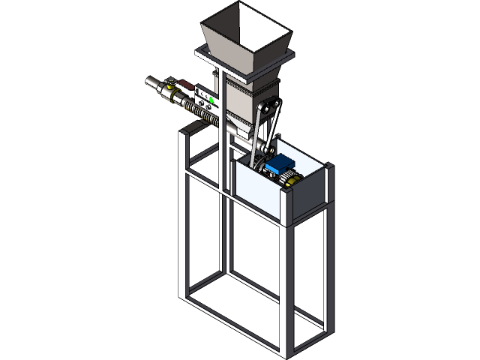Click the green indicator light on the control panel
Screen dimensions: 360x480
point(211,99)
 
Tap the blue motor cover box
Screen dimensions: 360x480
point(282,163)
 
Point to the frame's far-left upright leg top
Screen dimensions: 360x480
point(186,135)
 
